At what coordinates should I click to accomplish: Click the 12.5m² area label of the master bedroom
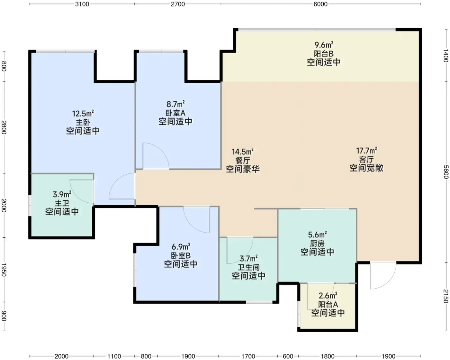point(83,114)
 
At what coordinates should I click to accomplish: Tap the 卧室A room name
point(175,113)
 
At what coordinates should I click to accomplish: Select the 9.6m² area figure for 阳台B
point(324,45)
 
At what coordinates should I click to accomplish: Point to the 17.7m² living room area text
point(366,151)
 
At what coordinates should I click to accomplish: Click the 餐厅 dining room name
point(243,161)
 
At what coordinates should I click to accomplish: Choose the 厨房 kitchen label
point(317,244)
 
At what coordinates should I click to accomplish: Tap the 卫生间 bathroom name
point(249,267)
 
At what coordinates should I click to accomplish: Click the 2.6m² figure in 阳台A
point(328,296)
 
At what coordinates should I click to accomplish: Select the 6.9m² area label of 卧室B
point(181,247)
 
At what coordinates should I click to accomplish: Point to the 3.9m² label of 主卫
point(62,194)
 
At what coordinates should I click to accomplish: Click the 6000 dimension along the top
point(320,4)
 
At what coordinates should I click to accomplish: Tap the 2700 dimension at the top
point(178,4)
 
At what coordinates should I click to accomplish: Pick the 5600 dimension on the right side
point(446,172)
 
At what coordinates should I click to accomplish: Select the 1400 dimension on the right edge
point(446,56)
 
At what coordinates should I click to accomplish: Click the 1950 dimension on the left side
point(4,270)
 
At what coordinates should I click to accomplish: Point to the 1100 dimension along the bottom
point(114,356)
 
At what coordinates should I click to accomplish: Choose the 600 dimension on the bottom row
point(288,356)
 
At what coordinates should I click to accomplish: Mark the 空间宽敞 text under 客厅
point(366,168)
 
